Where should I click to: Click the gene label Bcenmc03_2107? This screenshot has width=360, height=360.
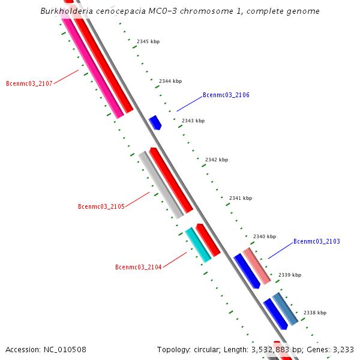click(29, 83)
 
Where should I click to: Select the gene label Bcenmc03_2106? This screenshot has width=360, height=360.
click(226, 95)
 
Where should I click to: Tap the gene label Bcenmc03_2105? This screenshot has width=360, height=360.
click(101, 207)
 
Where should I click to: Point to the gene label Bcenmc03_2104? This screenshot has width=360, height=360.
click(138, 268)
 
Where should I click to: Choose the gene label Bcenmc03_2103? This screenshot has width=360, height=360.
click(316, 242)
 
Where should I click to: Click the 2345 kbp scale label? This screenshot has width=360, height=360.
click(148, 42)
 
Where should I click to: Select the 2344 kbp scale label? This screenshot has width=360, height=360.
click(170, 81)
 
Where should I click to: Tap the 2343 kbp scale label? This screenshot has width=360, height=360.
click(193, 121)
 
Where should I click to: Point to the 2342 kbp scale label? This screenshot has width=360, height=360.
click(217, 160)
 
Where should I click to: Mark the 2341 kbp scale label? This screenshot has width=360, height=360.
click(241, 198)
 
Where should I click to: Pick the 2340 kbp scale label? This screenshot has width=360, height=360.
click(265, 237)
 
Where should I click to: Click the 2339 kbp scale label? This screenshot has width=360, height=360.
click(290, 275)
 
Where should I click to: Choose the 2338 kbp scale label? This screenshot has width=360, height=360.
click(315, 313)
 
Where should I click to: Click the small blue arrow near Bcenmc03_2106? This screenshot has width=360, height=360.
click(155, 122)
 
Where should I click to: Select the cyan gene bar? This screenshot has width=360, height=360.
click(198, 244)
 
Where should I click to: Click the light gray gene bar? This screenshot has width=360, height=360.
click(161, 184)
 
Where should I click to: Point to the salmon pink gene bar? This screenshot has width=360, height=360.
click(257, 266)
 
